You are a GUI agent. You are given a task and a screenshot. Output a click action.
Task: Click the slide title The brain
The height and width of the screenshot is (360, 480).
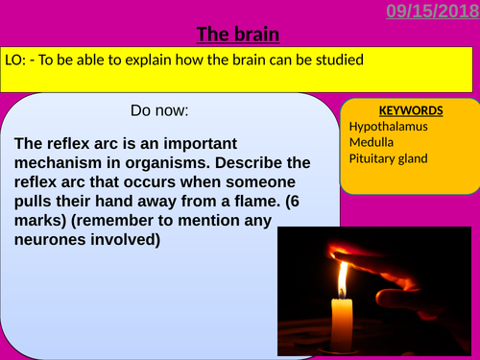tap(238, 36)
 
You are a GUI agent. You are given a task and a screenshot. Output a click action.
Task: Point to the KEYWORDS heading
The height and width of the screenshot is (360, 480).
tap(411, 110)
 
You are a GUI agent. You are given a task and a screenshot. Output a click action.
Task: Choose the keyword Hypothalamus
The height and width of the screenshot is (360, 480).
tap(389, 126)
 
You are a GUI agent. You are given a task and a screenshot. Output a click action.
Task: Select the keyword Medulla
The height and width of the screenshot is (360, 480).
tap(372, 142)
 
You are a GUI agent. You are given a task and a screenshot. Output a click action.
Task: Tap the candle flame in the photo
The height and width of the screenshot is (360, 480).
tap(341, 278)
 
